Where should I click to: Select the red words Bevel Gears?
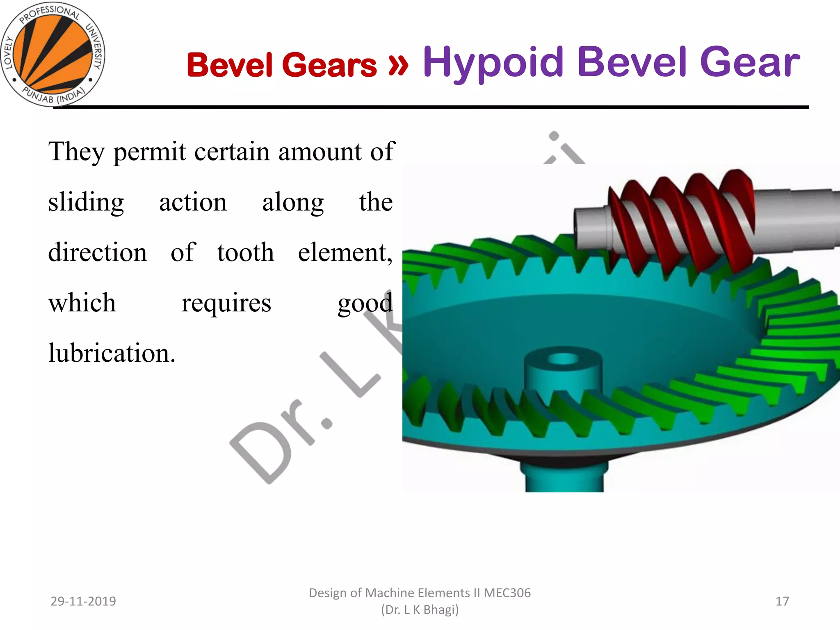281,65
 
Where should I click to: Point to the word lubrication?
112,353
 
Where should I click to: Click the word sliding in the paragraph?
86,202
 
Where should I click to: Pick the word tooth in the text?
245,252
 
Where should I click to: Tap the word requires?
226,303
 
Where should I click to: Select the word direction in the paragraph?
97,252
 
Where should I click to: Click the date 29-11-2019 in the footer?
83,601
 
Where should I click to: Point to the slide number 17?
782,601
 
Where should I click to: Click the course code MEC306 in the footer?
507,593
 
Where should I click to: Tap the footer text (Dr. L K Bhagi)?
420,610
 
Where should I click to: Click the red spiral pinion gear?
681,221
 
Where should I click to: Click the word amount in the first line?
320,151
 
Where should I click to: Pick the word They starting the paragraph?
76,151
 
